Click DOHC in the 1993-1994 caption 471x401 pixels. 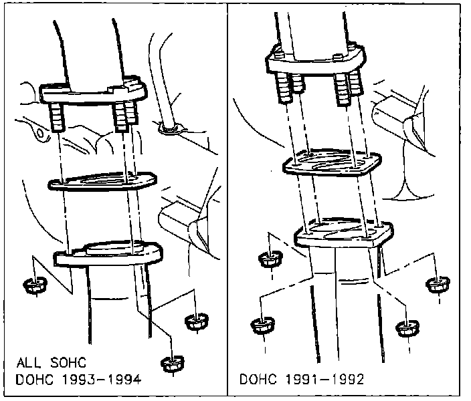point(37,381)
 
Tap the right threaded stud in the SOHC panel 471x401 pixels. point(122,118)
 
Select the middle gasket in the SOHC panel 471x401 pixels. point(101,181)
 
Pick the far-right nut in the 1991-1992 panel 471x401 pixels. point(438,285)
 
